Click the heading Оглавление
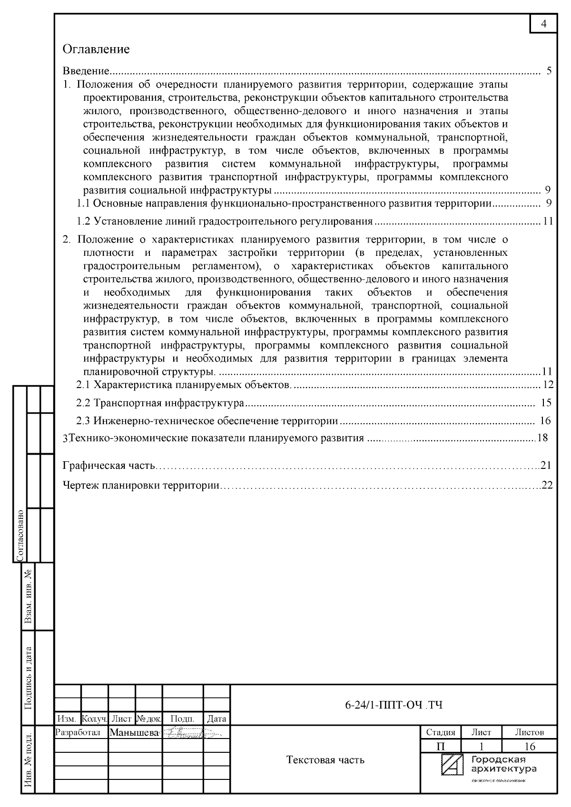click(x=96, y=49)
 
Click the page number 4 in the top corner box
click(x=544, y=24)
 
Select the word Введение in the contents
click(x=87, y=71)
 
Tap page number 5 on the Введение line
click(x=549, y=71)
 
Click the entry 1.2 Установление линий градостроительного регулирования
click(x=225, y=221)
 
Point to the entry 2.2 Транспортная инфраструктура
click(x=160, y=403)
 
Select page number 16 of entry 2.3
click(x=545, y=421)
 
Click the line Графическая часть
click(x=109, y=465)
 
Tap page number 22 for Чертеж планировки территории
click(x=547, y=486)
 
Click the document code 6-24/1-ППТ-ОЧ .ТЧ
click(x=394, y=705)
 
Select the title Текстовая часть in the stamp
click(x=325, y=760)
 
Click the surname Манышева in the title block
click(x=135, y=733)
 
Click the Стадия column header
click(x=440, y=732)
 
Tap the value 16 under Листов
click(x=529, y=746)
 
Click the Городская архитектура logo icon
click(x=452, y=765)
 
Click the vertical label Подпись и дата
click(x=29, y=677)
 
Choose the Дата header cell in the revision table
click(x=217, y=719)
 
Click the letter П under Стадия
click(x=440, y=746)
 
